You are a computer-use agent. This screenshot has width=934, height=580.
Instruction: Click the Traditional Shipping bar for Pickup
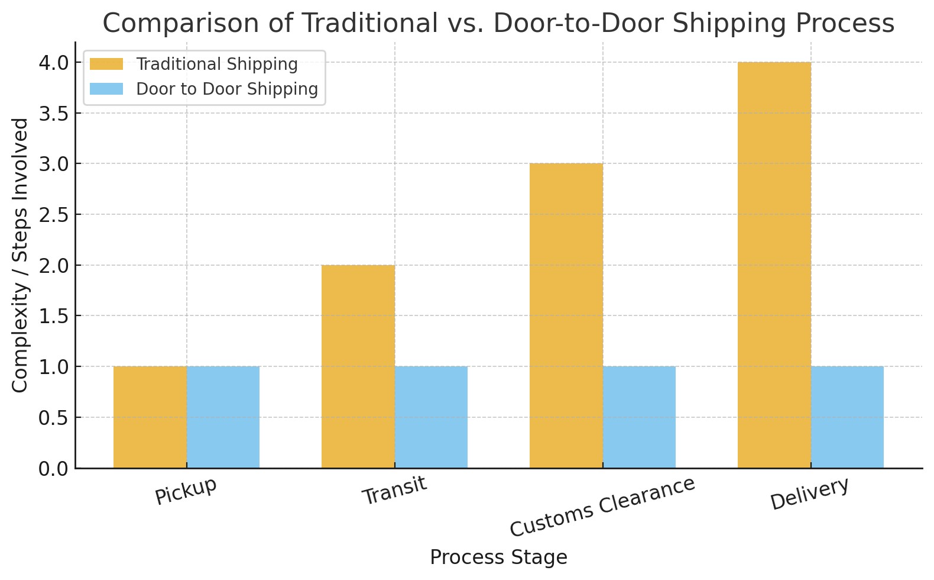(150, 417)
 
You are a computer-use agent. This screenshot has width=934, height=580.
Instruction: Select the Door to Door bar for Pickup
(223, 417)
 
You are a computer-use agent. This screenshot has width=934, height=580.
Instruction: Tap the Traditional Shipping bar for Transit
(358, 366)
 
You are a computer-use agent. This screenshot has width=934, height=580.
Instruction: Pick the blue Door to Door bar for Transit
(431, 417)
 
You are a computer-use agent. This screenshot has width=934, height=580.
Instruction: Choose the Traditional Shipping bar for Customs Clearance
(566, 315)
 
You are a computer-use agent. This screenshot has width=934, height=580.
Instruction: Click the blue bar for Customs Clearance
(639, 417)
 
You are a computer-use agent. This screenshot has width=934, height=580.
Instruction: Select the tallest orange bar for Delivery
(774, 265)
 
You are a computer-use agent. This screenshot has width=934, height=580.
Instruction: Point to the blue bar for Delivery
(847, 417)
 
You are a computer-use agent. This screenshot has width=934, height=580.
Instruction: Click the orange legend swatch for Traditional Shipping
(106, 64)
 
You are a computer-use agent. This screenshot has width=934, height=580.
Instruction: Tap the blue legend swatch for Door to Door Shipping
(106, 89)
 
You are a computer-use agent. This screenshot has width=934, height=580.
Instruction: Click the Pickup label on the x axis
(186, 491)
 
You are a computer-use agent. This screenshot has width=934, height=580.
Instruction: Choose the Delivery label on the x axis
(809, 493)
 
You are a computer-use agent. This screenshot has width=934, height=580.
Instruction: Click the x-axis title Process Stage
(498, 558)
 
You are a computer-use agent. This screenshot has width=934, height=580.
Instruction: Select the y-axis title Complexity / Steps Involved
(21, 254)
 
